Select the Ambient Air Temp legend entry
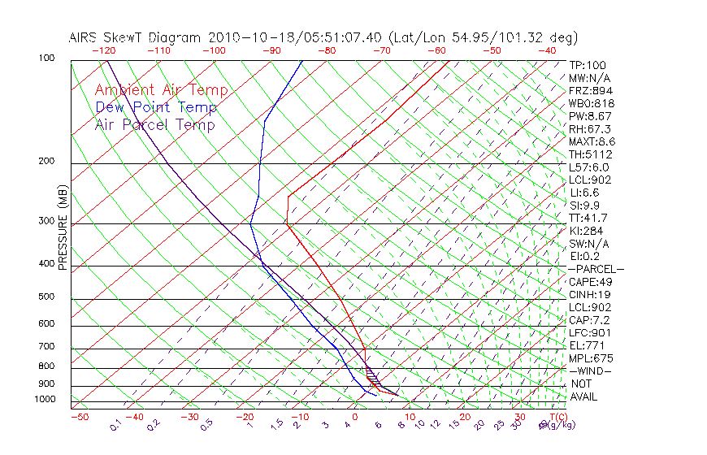[x=162, y=90]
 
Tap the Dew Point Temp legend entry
[x=156, y=107]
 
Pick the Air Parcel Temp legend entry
[x=155, y=124]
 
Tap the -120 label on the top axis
[x=102, y=50]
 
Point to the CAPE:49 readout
[x=592, y=282]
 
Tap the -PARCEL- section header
[x=596, y=269]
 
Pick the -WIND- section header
[x=590, y=370]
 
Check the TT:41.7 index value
[x=589, y=218]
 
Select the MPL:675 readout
[x=591, y=358]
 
